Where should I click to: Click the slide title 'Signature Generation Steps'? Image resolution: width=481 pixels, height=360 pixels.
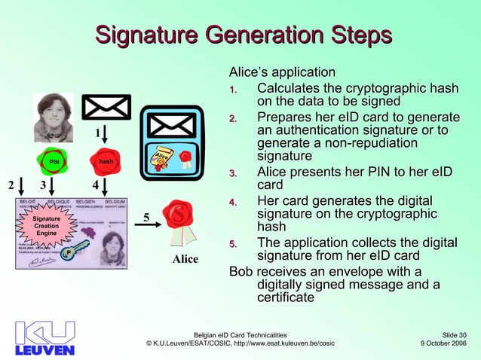point(244,35)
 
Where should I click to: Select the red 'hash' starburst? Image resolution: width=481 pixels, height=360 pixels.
point(106,161)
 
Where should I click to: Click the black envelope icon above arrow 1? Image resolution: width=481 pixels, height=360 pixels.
point(106,107)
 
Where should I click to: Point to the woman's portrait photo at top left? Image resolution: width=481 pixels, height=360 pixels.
point(54,117)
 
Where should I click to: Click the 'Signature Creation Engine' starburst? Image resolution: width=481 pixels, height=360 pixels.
point(47,226)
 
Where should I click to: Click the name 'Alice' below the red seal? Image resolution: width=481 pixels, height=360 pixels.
point(185,260)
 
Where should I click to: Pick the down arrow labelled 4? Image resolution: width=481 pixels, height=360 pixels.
point(106,185)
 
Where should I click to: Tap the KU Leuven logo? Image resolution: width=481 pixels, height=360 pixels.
point(44,338)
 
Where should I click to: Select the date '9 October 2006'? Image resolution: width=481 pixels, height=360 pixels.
point(443,343)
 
